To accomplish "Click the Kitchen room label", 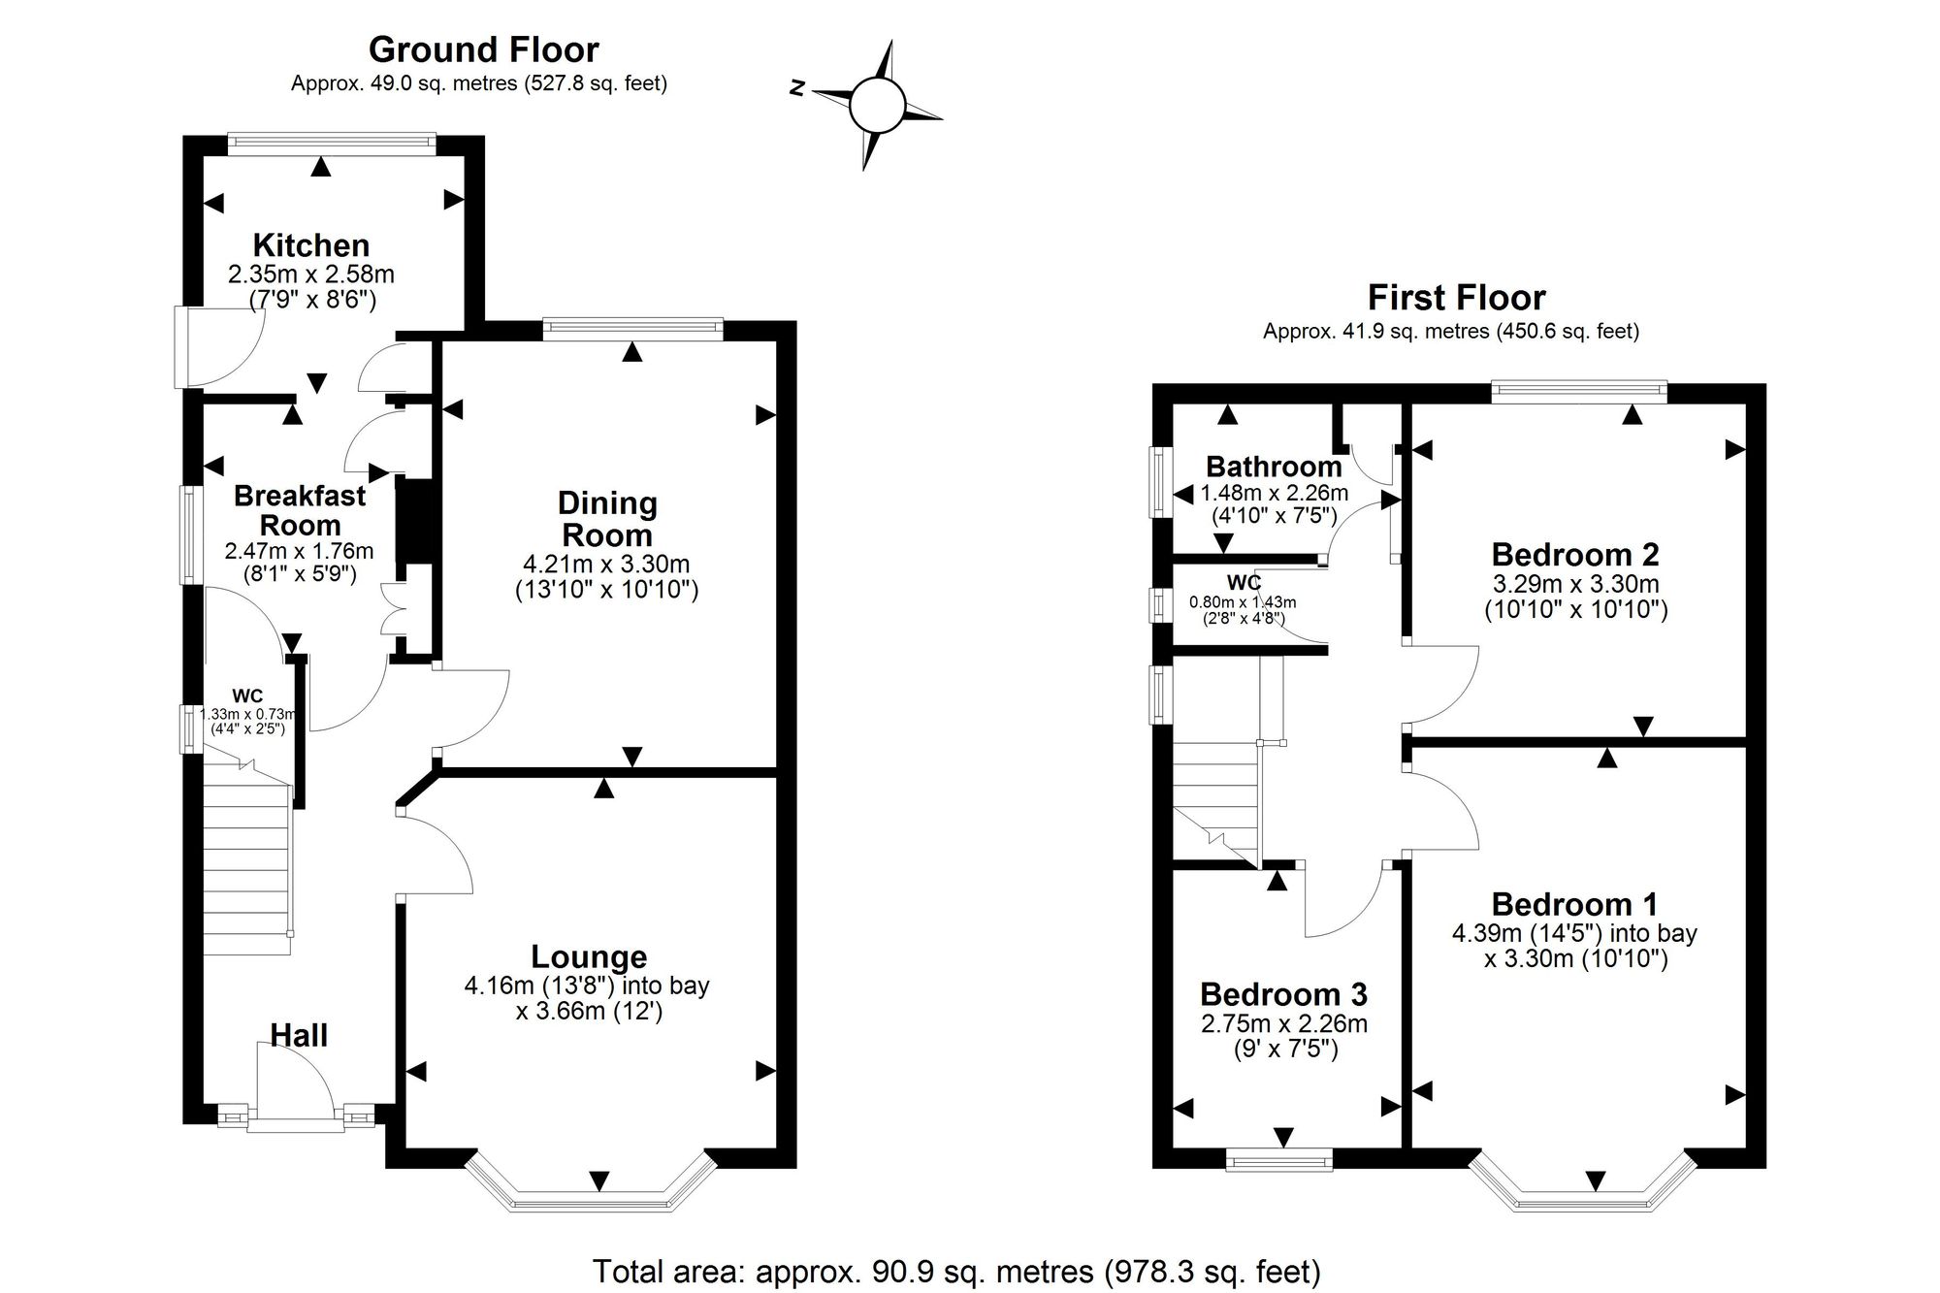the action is [311, 244].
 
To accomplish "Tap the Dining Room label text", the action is [607, 519].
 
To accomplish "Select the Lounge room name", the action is [589, 957].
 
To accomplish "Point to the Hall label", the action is [299, 1035].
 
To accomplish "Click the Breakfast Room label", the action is [300, 510].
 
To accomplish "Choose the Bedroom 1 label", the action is [1574, 904].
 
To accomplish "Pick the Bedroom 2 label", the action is [1575, 555].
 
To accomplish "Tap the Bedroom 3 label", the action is [1283, 994].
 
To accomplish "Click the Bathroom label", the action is [1274, 467].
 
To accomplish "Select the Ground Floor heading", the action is [484, 48].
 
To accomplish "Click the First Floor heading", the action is [1457, 297].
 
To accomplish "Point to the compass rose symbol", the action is [877, 105].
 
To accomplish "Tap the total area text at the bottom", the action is [956, 1271].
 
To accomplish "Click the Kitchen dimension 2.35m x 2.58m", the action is [311, 275].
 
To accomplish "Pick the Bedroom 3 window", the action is [1279, 1158].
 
